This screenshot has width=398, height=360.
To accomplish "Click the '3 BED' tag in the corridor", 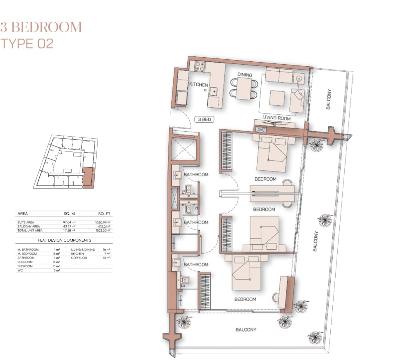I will tap(204, 119).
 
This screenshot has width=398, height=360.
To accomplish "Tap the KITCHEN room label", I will tap(198, 85).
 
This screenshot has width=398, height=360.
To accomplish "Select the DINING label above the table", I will tap(245, 75).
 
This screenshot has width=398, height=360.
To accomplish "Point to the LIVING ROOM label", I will tap(276, 118).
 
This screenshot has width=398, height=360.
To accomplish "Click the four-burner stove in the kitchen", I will tap(200, 66).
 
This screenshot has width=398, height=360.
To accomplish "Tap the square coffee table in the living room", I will tap(277, 98).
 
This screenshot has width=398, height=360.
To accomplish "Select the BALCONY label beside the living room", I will tap(328, 99).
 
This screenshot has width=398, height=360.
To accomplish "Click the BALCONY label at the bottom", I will tap(246, 330).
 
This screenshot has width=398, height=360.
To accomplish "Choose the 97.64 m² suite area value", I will tap(69, 222).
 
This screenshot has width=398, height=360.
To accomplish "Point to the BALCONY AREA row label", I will tap(29, 226).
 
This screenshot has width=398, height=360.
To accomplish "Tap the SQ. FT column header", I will tap(104, 214).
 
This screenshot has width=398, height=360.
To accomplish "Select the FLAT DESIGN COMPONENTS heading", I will tap(64, 240).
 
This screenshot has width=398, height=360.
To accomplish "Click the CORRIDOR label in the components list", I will tap(79, 258).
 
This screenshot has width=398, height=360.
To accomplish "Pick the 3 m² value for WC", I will tap(56, 270).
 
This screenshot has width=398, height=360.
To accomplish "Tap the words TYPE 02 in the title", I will tap(27, 44).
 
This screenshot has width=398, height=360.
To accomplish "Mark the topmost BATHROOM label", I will tap(196, 175).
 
